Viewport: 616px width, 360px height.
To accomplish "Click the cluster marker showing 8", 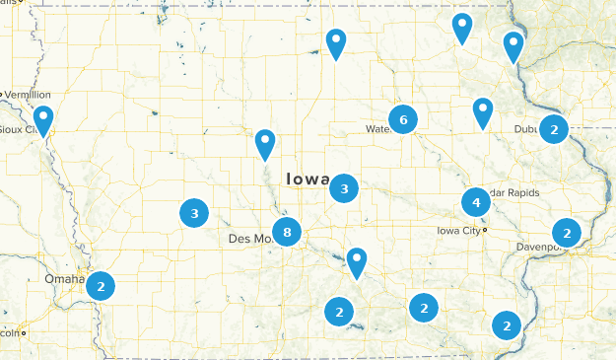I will [x=287, y=233].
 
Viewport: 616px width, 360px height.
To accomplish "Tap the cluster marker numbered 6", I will [x=402, y=119].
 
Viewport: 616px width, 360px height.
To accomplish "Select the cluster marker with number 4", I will [x=476, y=202].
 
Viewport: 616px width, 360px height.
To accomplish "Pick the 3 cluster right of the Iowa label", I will [x=344, y=187].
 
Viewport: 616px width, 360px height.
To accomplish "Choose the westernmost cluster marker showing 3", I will [x=194, y=212].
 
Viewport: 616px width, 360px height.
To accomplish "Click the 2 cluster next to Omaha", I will [x=100, y=286].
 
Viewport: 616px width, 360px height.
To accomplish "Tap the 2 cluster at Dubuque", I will [x=555, y=128].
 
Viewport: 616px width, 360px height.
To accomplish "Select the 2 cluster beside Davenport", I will [x=566, y=233].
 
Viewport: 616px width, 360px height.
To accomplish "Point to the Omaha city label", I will [x=64, y=279].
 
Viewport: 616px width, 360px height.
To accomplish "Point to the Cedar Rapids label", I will [x=513, y=192].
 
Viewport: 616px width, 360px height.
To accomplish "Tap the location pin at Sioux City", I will [x=42, y=120].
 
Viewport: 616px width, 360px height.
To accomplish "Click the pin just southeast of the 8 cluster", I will [x=356, y=261].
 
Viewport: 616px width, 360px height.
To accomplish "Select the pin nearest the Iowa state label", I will [x=265, y=144].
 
